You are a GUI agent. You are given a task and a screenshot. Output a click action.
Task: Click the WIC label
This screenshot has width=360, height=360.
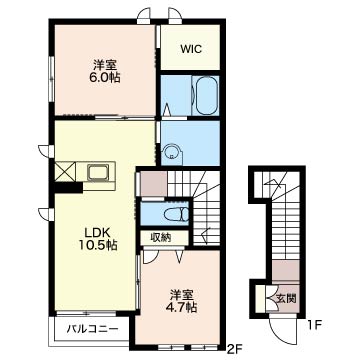coord(191,49)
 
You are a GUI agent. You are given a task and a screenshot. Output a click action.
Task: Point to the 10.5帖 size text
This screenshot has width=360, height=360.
coord(97,246)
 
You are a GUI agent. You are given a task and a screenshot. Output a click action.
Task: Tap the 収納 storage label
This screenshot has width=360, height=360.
coord(161,237)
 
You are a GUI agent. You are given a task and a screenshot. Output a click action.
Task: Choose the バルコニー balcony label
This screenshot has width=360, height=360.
coord(92,329)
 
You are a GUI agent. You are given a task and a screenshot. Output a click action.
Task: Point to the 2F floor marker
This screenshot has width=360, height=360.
coord(233,349)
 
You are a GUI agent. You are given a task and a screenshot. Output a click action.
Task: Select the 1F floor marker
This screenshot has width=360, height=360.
coord(313,324)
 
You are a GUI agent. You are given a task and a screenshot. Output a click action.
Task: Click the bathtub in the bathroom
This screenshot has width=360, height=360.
coord(207,96)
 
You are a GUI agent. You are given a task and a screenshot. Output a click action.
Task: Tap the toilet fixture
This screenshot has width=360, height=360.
coord(177,214)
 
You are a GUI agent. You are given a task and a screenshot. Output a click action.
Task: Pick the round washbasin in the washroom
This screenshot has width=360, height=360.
coord(173,153)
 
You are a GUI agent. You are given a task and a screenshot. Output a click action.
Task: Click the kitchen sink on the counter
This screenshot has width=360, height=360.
coord(98,172)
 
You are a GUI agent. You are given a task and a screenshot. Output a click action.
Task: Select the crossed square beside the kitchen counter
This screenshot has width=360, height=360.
coord(65,172)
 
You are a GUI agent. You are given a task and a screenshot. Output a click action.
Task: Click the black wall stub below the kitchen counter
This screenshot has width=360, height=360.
coord(69,188)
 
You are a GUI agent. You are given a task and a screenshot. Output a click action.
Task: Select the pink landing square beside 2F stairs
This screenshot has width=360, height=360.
coord(154,184)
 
